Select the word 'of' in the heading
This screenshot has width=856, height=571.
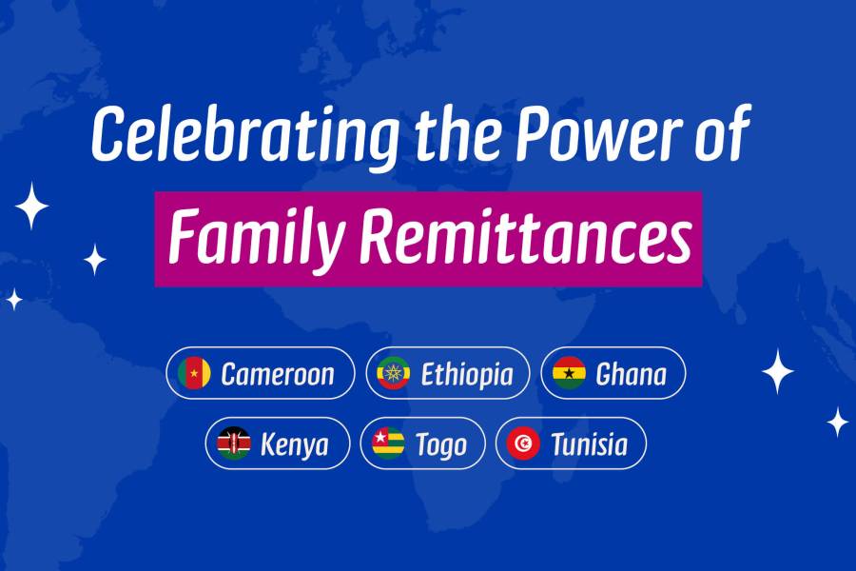723,131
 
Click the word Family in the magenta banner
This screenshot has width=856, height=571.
257,238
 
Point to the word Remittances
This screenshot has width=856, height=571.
526,237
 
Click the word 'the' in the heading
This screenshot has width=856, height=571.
457,133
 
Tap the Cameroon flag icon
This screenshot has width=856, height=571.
194,373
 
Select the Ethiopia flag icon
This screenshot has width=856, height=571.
393,373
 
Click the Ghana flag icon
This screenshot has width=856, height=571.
569,373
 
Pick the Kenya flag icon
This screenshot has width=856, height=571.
234,443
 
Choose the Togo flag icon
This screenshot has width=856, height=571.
388,443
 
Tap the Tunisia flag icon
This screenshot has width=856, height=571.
523,443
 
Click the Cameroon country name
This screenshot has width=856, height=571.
278,374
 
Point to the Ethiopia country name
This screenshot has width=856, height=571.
467,375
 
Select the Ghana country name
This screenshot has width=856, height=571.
632,374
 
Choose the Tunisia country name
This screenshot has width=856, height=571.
589,444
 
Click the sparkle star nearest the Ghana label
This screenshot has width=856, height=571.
777,371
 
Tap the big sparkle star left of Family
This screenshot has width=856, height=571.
31,206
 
